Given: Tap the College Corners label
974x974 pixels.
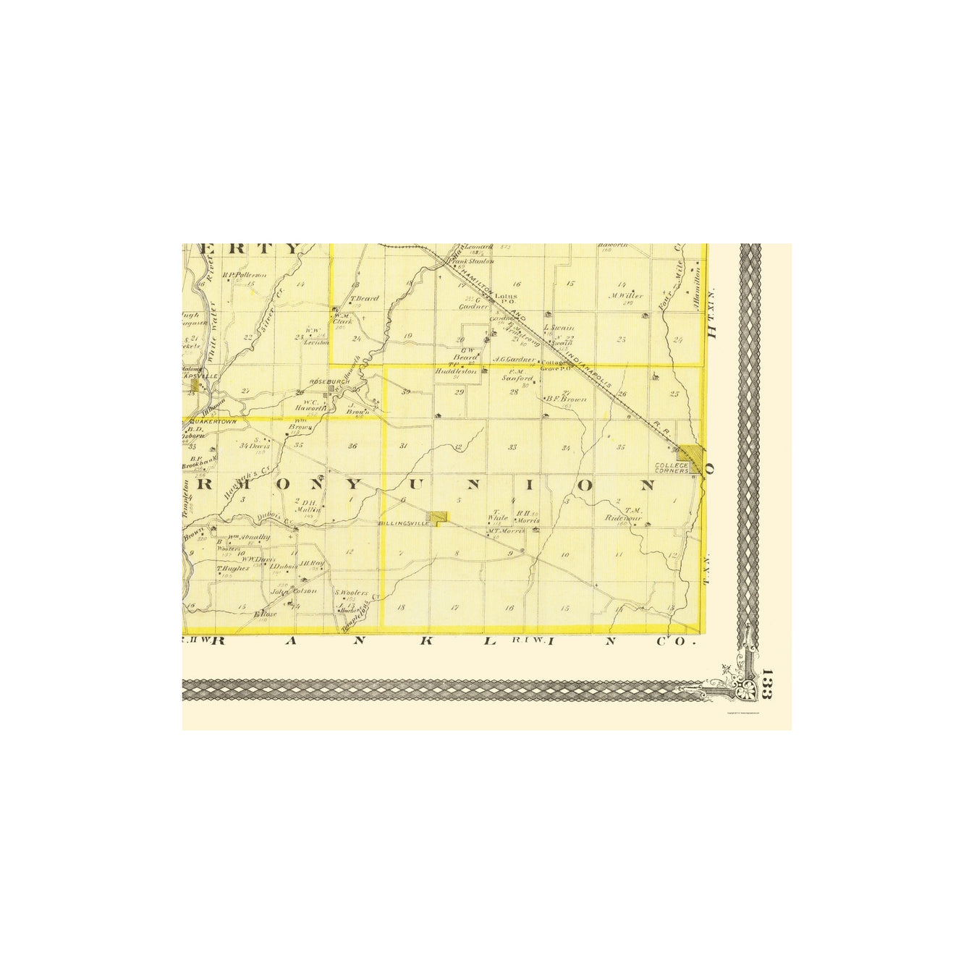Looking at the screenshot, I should tap(671, 467).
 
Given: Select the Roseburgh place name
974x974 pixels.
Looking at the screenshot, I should tap(319, 381).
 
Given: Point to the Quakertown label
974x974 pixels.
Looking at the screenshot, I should tap(209, 420).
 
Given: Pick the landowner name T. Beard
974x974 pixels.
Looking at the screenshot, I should tap(365, 298).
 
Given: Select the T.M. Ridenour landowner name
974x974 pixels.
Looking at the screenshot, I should tap(623, 514).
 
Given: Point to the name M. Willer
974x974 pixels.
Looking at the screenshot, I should tap(626, 295).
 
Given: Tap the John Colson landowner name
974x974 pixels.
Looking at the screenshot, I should tap(294, 591).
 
